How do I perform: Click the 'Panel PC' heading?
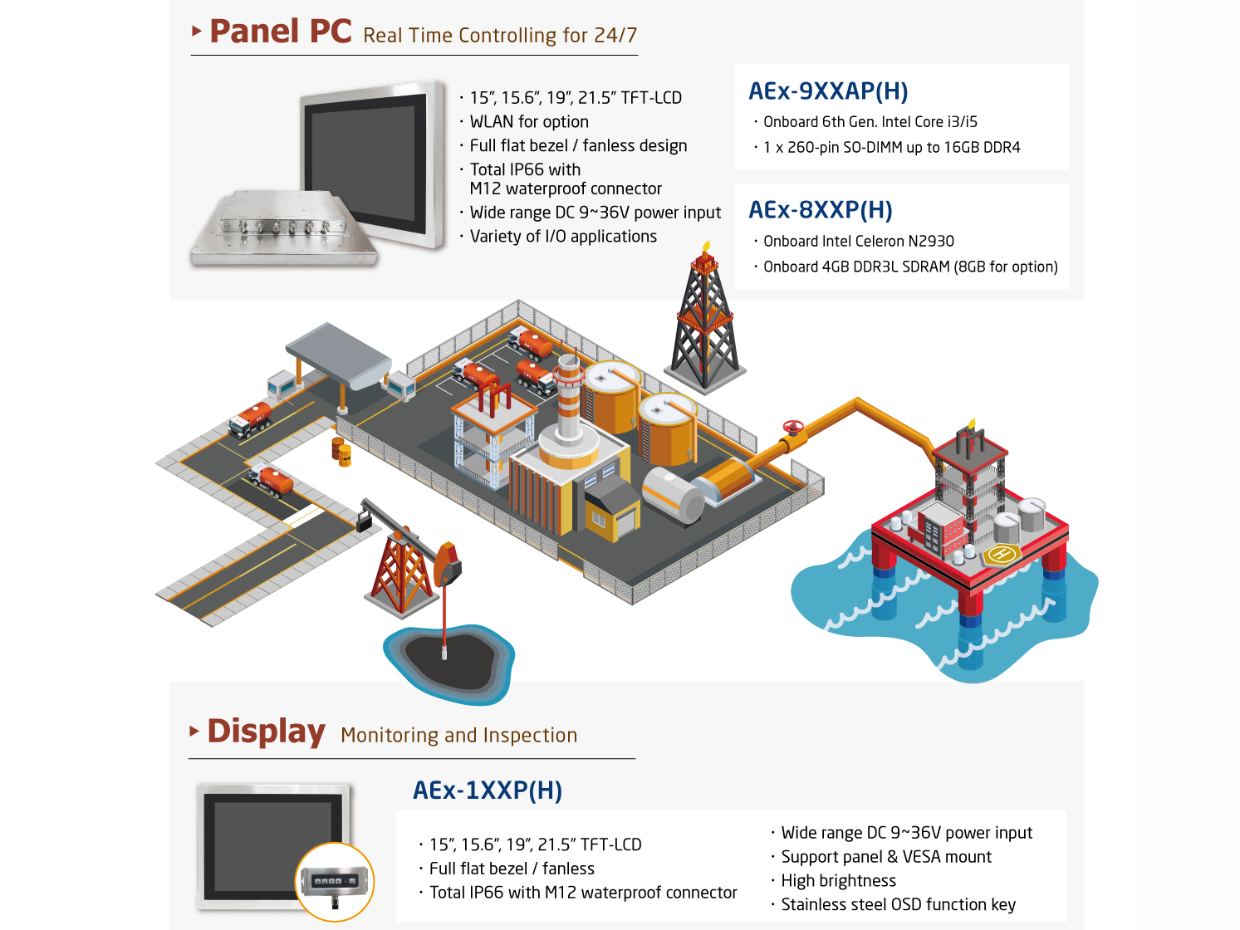tap(281, 32)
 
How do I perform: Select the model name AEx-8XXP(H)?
tap(821, 210)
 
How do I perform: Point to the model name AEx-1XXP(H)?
tap(488, 790)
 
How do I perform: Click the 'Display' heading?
tap(266, 732)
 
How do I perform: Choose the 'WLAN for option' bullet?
tap(529, 122)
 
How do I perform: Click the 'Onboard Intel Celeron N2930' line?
tap(859, 242)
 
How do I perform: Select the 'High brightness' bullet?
tap(838, 881)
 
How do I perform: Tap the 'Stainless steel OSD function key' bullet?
tap(898, 905)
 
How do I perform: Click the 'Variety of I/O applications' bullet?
tap(563, 237)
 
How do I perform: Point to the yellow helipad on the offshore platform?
tap(1002, 554)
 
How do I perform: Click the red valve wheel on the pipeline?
tap(793, 428)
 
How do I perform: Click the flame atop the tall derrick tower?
tap(706, 246)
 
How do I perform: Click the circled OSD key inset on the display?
tap(335, 882)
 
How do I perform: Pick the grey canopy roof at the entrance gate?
tap(338, 353)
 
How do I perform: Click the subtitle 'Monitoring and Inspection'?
tap(458, 736)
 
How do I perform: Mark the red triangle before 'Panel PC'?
tap(197, 32)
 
